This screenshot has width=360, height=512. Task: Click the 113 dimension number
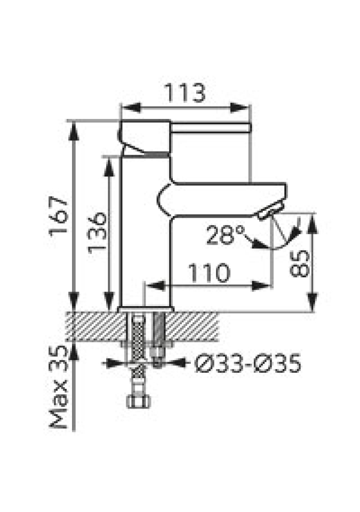coord(185,92)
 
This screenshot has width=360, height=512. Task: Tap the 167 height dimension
coord(58,215)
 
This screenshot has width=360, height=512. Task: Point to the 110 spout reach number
coord(210,273)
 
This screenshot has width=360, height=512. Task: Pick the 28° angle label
coord(226,235)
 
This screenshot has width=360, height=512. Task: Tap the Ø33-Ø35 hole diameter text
coord(247,363)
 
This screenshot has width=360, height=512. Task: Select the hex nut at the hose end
coord(139,401)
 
